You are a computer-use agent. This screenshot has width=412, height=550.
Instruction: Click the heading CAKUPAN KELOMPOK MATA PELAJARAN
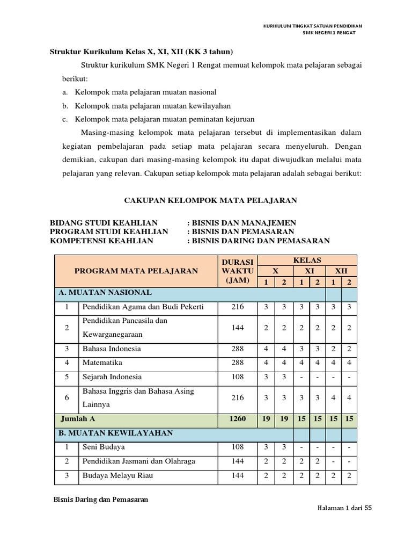point(210,200)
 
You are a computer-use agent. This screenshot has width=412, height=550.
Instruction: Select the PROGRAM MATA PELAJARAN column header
point(136,271)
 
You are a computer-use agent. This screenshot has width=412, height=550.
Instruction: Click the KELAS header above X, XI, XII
point(307,260)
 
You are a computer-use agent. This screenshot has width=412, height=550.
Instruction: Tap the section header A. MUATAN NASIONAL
point(105,293)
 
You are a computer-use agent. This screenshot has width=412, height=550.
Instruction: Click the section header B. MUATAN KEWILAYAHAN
point(115,433)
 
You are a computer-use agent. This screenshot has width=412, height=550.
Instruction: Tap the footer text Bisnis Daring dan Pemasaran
point(101,499)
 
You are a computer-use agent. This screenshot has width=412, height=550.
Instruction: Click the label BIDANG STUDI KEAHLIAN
point(104,223)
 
